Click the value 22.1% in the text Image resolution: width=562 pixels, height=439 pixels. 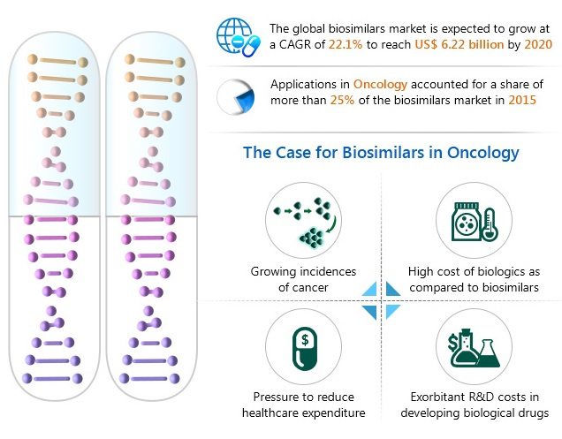[342, 43]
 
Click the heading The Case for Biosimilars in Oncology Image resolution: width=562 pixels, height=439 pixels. [381, 153]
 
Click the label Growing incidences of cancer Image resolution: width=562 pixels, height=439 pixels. [303, 279]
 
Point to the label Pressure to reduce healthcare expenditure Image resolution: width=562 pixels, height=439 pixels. [303, 405]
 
